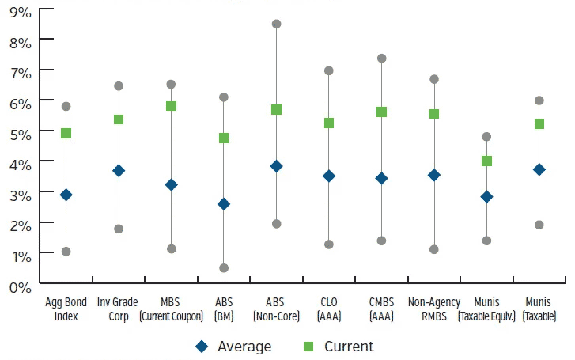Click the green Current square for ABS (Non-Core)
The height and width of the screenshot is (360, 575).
click(x=276, y=109)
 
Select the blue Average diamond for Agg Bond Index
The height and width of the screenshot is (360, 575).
click(x=66, y=195)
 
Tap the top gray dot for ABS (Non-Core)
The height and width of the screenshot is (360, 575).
click(x=276, y=24)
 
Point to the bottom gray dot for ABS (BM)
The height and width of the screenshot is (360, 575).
click(x=224, y=268)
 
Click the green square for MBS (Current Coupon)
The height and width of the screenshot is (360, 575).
click(x=171, y=106)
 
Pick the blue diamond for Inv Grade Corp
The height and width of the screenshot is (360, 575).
click(x=119, y=171)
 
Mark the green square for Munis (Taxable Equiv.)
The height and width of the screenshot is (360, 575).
click(x=486, y=161)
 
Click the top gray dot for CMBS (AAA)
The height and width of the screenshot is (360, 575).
click(x=381, y=58)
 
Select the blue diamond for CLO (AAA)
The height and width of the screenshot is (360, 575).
click(x=329, y=176)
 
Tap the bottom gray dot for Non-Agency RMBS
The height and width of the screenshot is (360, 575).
click(x=434, y=249)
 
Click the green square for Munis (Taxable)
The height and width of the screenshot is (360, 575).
click(x=539, y=123)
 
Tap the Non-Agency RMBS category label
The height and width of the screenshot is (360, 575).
click(x=434, y=309)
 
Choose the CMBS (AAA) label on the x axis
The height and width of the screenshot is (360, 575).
click(x=381, y=309)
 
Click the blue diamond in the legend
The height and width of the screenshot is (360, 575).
click(x=202, y=347)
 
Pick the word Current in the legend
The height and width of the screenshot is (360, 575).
click(x=348, y=347)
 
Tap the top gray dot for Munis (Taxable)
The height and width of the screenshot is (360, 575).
click(x=539, y=100)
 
